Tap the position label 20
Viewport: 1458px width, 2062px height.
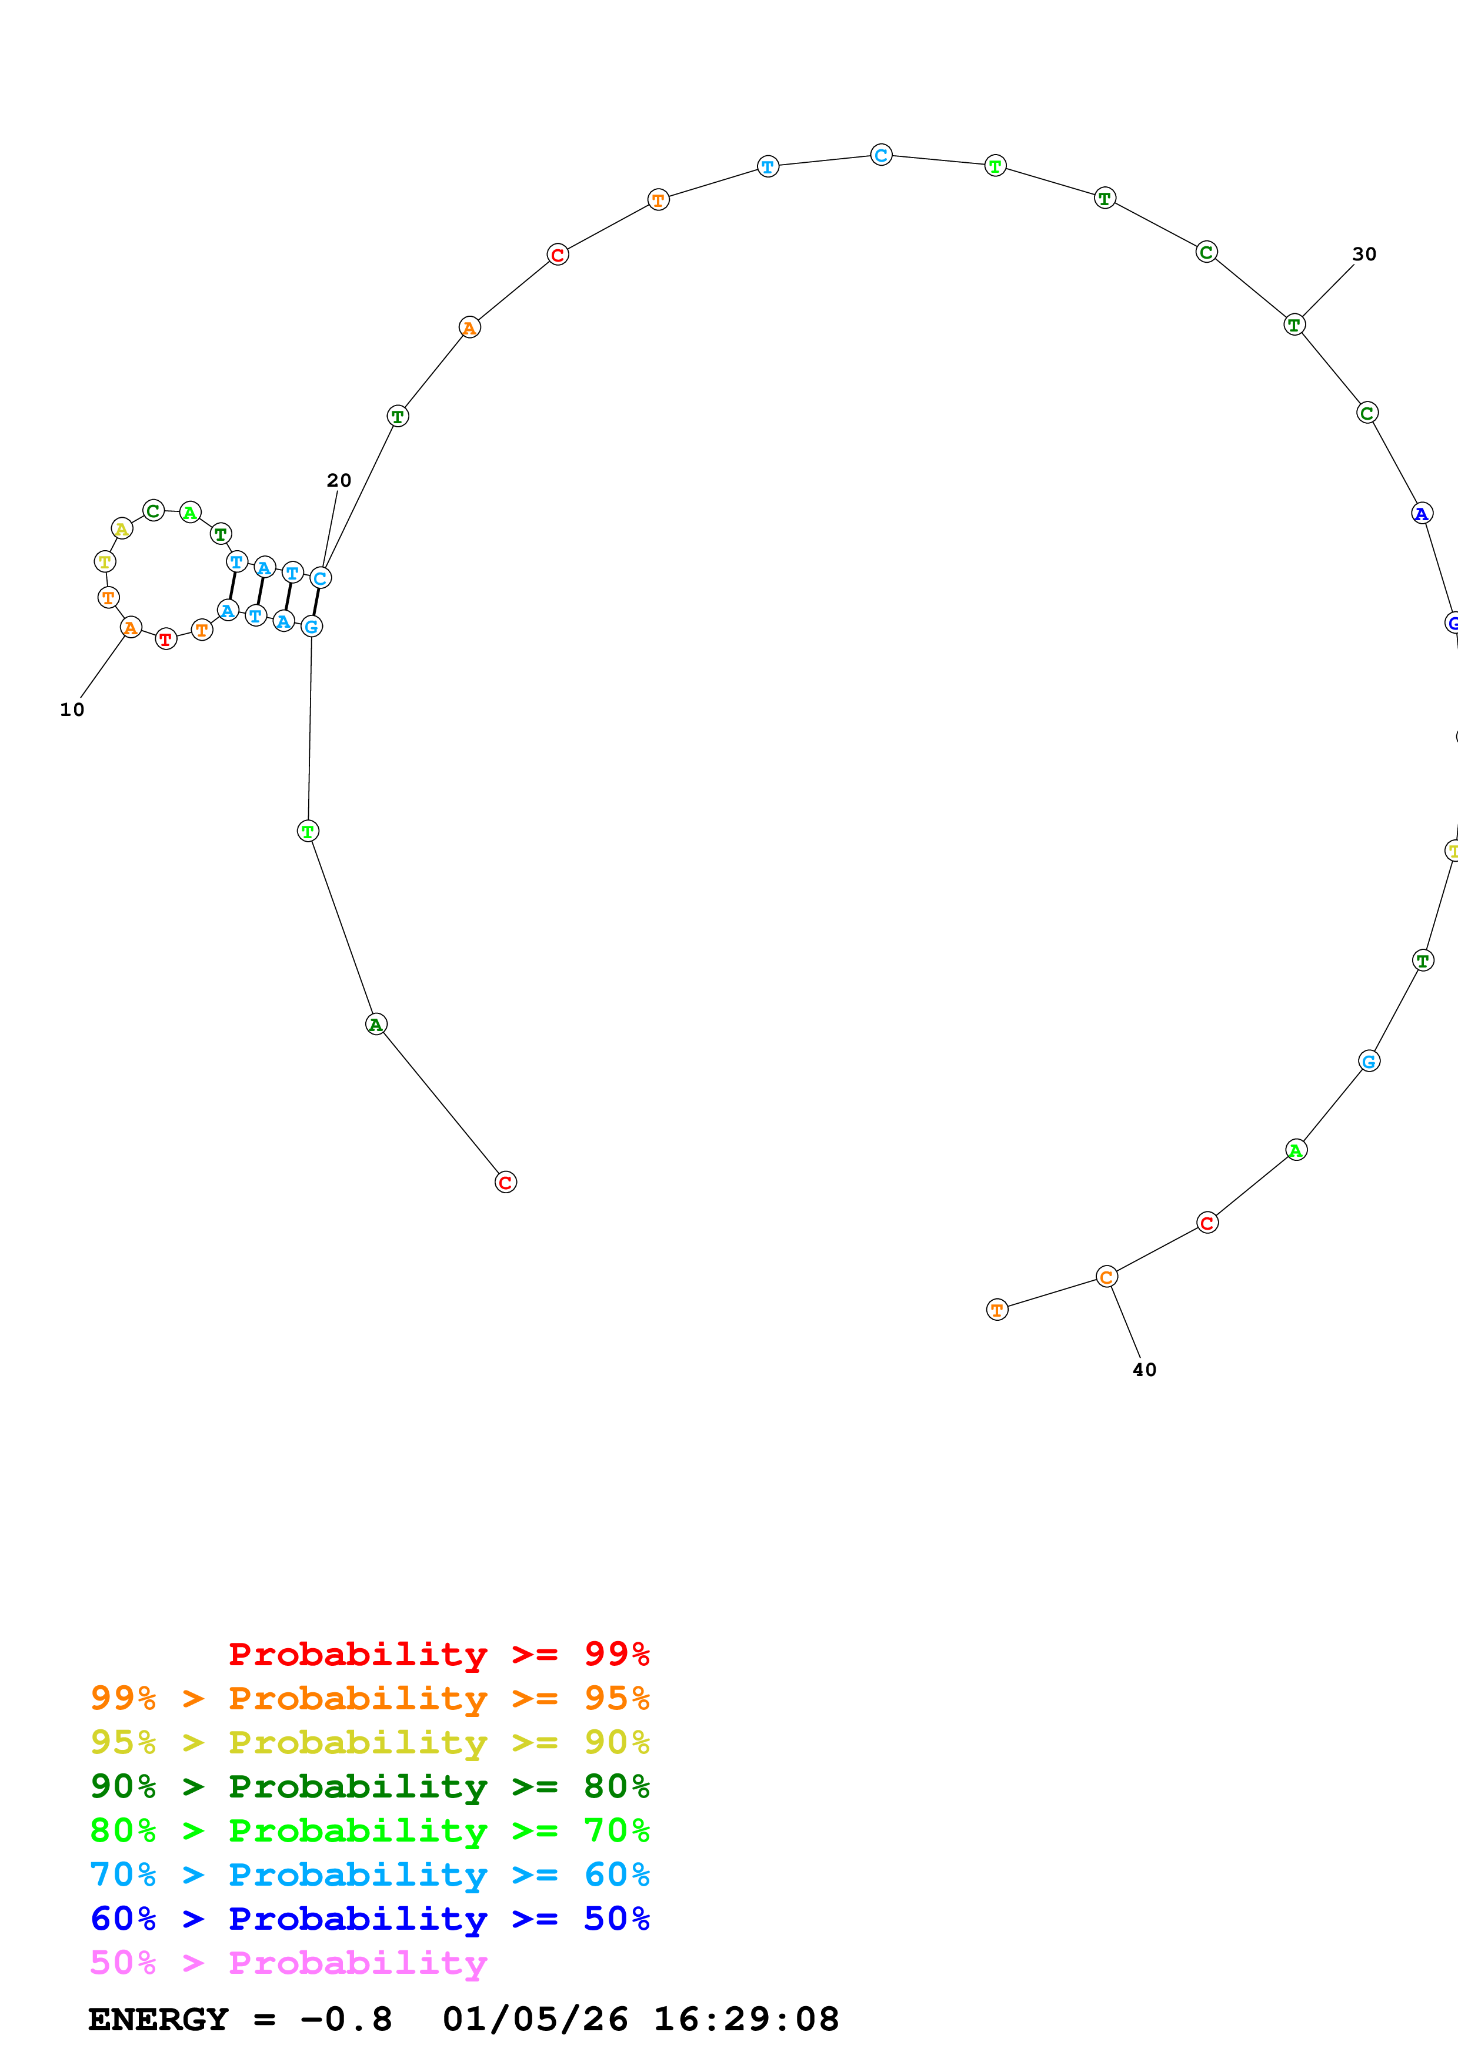(339, 480)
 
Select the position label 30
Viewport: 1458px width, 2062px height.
(1364, 254)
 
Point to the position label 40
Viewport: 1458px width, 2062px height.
(1143, 1370)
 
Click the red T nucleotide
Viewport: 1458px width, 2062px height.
(165, 640)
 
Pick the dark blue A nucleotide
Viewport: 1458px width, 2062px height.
(1421, 514)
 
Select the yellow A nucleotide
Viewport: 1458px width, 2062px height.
(121, 529)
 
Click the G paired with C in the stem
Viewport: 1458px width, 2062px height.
(311, 626)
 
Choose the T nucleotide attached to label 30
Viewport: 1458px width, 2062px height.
(1293, 325)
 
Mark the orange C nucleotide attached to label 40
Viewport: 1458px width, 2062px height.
(1107, 1277)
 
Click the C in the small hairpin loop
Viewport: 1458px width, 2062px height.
(154, 511)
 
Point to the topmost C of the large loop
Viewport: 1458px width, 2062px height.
(881, 155)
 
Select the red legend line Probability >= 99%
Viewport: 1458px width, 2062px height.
(438, 1653)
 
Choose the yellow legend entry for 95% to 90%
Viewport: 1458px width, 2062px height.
(369, 1742)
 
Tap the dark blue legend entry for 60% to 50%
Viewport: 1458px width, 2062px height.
(369, 1919)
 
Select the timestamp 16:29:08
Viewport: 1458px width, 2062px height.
(746, 2020)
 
